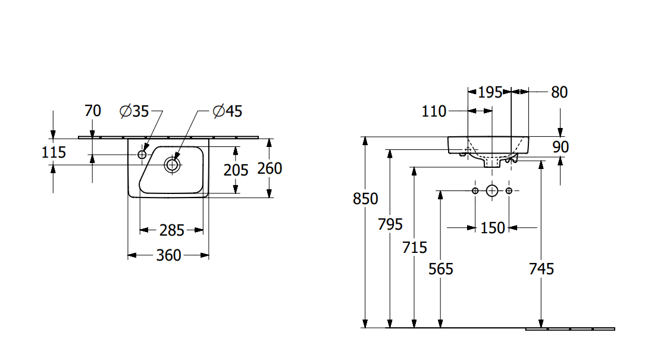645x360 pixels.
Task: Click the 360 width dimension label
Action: click(168, 255)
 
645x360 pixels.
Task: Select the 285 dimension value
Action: click(172, 230)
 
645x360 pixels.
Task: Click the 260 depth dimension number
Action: click(270, 168)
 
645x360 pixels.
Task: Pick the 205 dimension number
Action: click(236, 170)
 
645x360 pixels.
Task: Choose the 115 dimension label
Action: click(54, 153)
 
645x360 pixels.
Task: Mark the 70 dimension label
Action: click(93, 111)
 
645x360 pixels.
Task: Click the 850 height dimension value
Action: click(365, 199)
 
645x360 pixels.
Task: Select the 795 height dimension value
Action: click(390, 224)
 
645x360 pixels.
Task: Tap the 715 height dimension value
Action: click(414, 247)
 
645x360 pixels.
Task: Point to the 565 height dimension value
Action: click(441, 269)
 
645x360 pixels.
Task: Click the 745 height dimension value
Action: click(541, 269)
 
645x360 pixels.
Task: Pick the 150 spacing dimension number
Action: click(492, 227)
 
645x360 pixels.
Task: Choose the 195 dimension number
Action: click(490, 92)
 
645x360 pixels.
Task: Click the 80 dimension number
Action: click(559, 92)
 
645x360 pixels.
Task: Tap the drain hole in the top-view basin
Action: click(173, 164)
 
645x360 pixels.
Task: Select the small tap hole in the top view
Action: click(142, 155)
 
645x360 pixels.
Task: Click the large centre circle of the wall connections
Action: click(492, 190)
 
